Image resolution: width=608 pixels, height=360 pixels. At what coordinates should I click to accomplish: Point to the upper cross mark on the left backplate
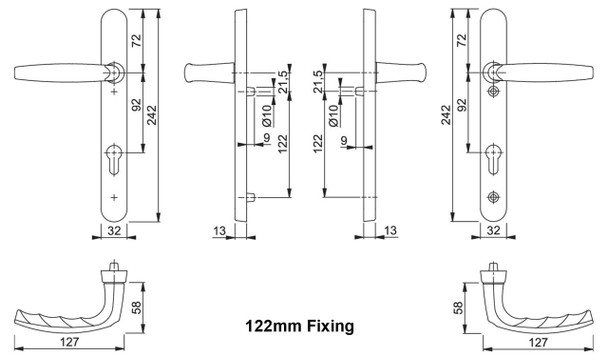[x=112, y=93]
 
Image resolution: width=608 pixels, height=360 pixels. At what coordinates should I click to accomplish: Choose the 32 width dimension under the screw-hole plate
[x=492, y=229]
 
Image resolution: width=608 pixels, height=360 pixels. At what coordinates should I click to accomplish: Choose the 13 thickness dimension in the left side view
[x=220, y=231]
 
